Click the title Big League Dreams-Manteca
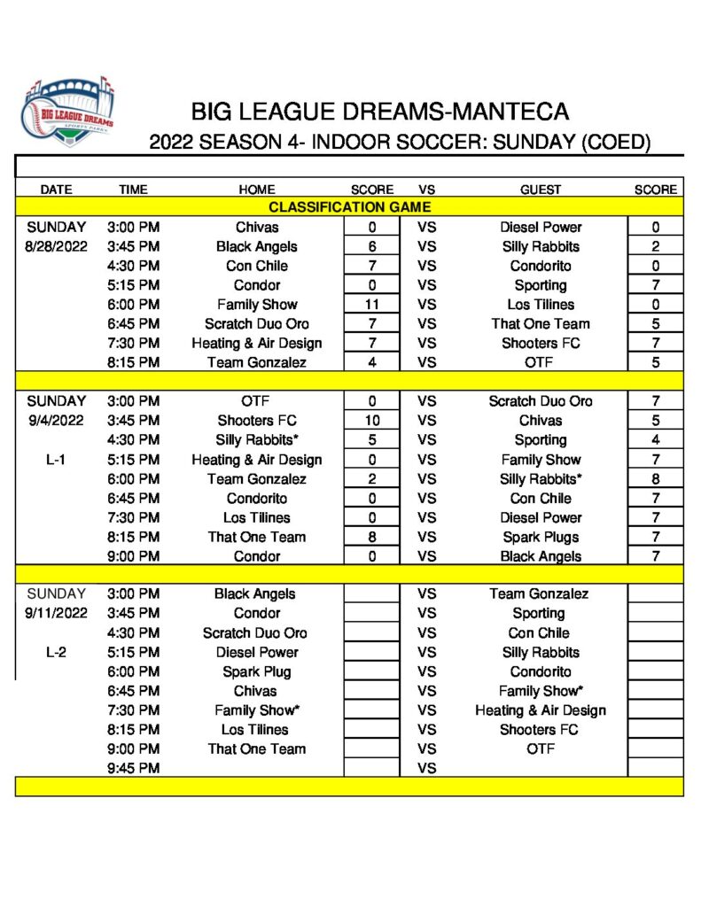[x=379, y=112]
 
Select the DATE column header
[x=56, y=190]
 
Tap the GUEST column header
[x=541, y=190]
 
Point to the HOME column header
[x=257, y=190]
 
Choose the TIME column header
[x=133, y=190]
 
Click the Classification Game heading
[x=349, y=207]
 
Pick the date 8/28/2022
[x=56, y=246]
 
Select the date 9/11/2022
[x=56, y=613]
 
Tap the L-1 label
[x=56, y=460]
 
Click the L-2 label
[x=56, y=652]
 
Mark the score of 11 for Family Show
[x=372, y=305]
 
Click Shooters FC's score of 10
[x=372, y=421]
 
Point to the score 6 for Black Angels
[x=372, y=246]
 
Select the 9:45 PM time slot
[x=133, y=768]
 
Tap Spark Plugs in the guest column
[x=541, y=537]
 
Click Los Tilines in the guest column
[x=541, y=305]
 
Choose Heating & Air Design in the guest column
[x=541, y=710]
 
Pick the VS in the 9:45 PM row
[x=426, y=768]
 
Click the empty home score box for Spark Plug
[x=372, y=671]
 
